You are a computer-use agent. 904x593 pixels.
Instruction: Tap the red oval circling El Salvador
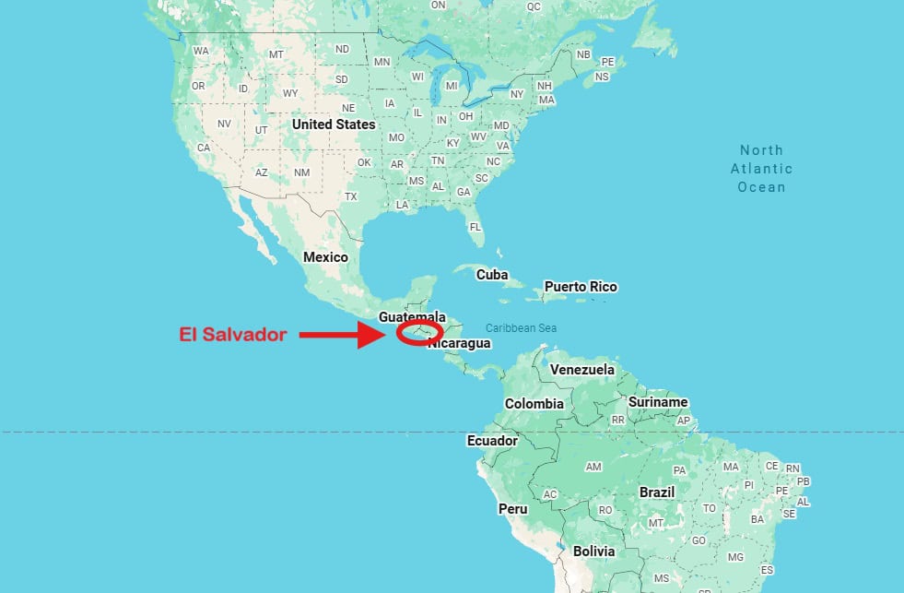419,332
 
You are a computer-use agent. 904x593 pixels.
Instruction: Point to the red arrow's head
381,335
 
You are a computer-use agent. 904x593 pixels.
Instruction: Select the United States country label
334,125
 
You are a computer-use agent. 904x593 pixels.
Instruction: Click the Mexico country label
325,257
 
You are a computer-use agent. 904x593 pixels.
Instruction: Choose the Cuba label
492,275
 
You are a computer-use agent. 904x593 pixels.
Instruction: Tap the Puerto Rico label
581,287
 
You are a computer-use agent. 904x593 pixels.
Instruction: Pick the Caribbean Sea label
522,328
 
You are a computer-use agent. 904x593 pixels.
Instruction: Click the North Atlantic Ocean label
761,169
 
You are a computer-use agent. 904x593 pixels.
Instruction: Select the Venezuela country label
582,370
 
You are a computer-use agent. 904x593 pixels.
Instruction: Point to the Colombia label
534,404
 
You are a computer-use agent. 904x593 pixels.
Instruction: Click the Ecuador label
493,441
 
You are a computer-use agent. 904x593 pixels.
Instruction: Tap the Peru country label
513,509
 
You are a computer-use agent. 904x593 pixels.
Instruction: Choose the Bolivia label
593,551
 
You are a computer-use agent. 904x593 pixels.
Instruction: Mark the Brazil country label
657,492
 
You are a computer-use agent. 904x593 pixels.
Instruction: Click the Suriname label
658,402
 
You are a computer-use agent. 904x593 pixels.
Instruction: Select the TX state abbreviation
351,196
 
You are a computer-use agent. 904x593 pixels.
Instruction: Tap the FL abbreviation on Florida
475,227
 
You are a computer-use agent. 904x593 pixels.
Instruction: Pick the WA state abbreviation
201,51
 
